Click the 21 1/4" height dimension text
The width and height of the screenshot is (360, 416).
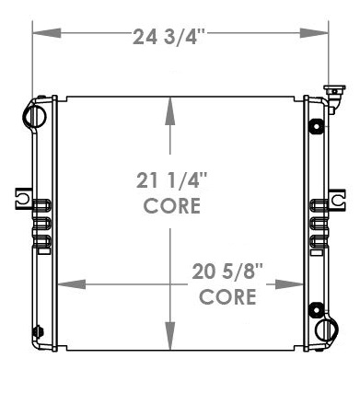pyautogui.click(x=171, y=182)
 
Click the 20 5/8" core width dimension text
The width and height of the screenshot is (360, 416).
pyautogui.click(x=227, y=273)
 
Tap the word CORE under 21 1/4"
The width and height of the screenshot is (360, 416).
pyautogui.click(x=171, y=206)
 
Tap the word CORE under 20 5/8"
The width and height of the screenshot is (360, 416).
pyautogui.click(x=227, y=297)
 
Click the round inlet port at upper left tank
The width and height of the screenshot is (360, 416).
pyautogui.click(x=35, y=113)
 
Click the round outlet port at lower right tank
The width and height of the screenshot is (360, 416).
pyautogui.click(x=327, y=329)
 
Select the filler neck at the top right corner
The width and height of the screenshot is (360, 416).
pyautogui.click(x=329, y=93)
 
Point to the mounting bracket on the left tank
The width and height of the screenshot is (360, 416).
pyautogui.click(x=23, y=197)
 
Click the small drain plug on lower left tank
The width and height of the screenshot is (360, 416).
pyautogui.click(x=37, y=330)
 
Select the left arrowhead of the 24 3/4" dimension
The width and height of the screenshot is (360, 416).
pyautogui.click(x=40, y=37)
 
